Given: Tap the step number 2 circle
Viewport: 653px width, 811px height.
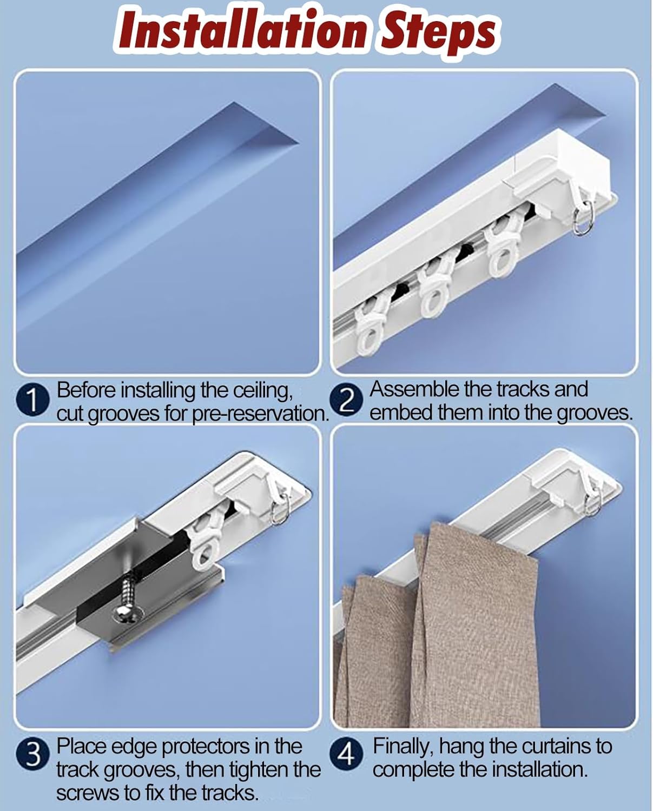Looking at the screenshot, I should click(348, 401).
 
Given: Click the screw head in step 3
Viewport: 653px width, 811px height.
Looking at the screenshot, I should click(128, 613).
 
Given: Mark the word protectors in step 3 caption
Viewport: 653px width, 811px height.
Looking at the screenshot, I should click(206, 747).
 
